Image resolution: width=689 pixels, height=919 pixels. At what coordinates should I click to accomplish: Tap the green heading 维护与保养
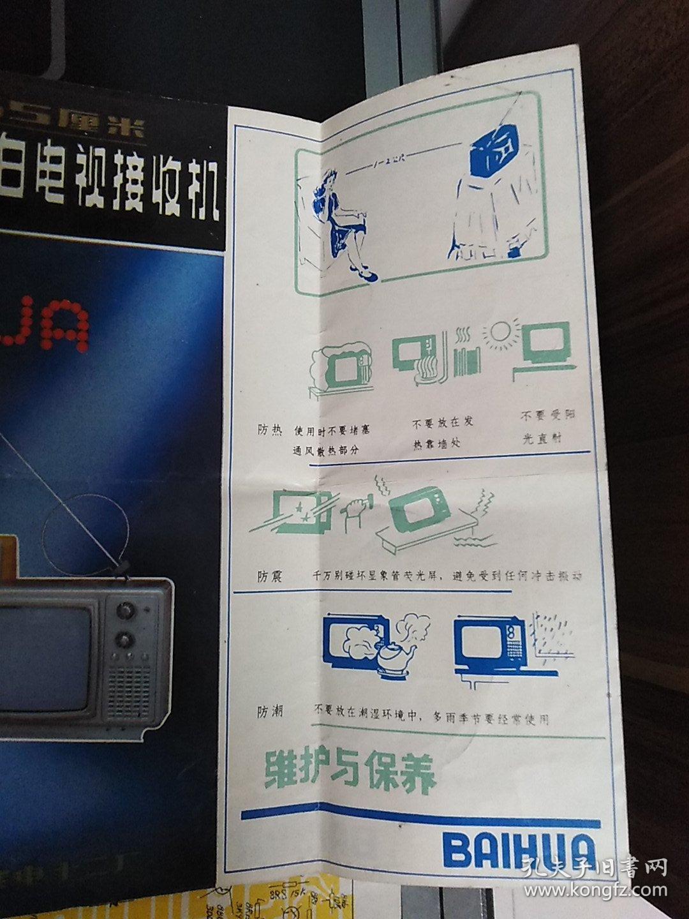coord(350,773)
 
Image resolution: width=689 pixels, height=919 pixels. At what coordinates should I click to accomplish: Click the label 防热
coord(270,430)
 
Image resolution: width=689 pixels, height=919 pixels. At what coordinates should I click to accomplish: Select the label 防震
coord(269,576)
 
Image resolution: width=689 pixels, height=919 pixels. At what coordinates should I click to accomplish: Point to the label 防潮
coord(270,713)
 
